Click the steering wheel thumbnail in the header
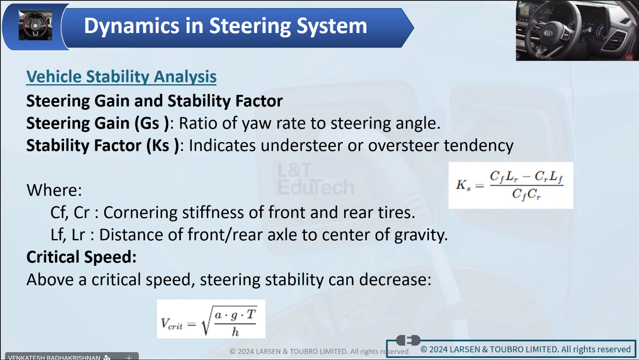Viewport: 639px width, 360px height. pos(36,25)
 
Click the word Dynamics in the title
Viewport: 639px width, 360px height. pos(131,26)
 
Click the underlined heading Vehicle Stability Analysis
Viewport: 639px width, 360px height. pos(121,77)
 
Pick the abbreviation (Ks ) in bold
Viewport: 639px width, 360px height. pos(163,146)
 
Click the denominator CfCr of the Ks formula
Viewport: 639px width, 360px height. pos(526,194)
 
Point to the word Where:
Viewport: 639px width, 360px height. pos(54,190)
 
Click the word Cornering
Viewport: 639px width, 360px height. pos(140,213)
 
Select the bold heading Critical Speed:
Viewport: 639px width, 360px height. pos(81,257)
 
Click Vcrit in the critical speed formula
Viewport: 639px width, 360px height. pos(171,324)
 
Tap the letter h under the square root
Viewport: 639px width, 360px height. pos(235,332)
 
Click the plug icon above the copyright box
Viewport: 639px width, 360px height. pos(408,340)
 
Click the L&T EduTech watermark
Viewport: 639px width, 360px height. pos(316,179)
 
